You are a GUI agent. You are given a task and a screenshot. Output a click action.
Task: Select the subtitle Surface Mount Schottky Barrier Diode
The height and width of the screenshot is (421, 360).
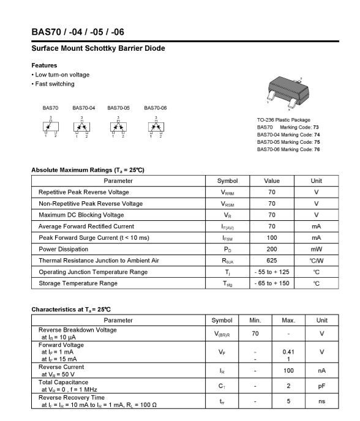tap(98, 48)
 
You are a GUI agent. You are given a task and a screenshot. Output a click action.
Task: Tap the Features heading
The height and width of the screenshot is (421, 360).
tap(44, 65)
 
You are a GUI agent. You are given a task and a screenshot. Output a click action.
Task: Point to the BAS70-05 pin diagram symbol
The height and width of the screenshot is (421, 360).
tap(118, 127)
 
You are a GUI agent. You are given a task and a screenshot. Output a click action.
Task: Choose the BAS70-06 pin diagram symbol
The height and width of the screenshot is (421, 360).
tap(155, 127)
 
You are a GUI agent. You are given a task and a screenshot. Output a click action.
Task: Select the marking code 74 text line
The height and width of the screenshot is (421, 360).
tap(288, 135)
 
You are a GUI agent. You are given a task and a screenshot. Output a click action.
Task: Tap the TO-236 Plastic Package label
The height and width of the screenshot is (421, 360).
tap(283, 120)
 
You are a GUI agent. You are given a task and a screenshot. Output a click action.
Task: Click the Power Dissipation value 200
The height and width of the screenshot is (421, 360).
tap(271, 249)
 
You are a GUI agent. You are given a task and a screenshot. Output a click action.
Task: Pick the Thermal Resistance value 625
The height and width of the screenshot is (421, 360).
tap(271, 261)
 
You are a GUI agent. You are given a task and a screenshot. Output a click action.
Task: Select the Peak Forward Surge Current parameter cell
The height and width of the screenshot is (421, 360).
tap(94, 237)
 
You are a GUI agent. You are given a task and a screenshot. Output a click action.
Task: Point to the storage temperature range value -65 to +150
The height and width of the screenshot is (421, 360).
tap(271, 283)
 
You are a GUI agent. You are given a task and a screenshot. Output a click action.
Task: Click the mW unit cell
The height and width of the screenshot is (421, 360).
tap(316, 249)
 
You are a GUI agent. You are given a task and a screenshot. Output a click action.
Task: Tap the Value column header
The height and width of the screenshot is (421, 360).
tap(271, 181)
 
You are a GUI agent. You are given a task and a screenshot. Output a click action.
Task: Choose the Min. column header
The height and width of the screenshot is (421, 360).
tap(255, 320)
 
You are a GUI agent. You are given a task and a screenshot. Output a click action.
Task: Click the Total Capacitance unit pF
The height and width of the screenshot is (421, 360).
tap(321, 386)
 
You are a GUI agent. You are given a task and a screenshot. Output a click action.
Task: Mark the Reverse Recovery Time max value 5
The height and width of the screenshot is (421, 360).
tap(288, 401)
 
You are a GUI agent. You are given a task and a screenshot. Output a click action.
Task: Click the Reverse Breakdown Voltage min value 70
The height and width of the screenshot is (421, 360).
tap(255, 333)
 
